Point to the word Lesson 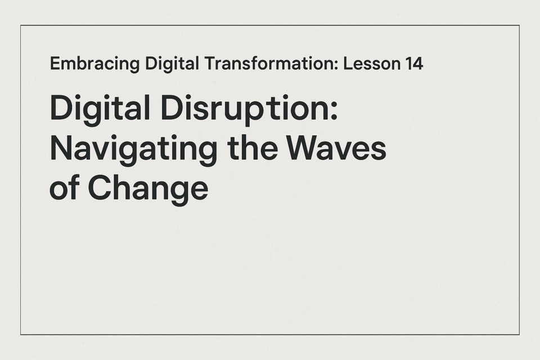(372, 64)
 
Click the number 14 (414, 64)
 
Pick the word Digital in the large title (100, 109)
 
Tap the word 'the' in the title (253, 148)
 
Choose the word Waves (337, 148)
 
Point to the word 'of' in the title (65, 187)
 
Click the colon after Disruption (334, 111)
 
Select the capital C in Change (100, 188)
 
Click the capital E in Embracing (56, 64)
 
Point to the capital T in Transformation (210, 64)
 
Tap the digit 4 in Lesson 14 (417, 64)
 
